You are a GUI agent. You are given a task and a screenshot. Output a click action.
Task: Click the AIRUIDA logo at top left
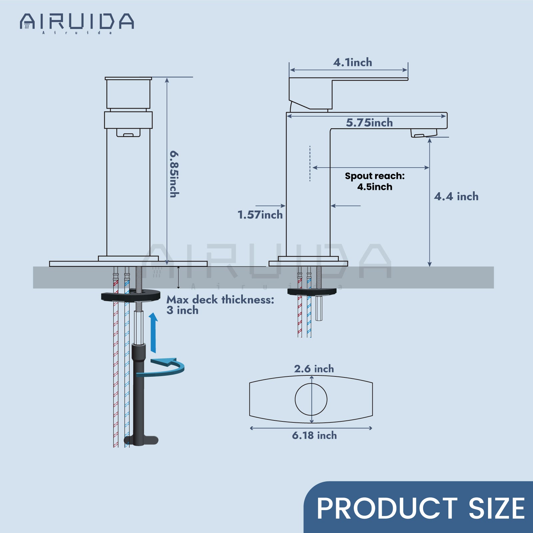point(77,23)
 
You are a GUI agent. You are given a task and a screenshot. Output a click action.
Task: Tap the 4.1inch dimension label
point(352,62)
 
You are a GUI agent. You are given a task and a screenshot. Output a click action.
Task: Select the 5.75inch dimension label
point(369,123)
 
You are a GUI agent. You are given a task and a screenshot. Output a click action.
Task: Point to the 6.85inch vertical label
point(174,174)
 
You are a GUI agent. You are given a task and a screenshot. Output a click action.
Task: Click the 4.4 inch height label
point(456,197)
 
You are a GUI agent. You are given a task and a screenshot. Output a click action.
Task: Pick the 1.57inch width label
point(260,215)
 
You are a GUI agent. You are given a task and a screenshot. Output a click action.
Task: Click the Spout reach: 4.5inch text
point(375,181)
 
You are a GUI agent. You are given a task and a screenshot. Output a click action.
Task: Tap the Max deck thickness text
point(220,304)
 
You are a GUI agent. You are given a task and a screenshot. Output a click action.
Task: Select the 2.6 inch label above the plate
point(314,369)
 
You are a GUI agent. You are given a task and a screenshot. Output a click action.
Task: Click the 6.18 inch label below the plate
point(314,435)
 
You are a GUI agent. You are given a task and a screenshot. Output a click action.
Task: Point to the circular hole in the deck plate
point(311,399)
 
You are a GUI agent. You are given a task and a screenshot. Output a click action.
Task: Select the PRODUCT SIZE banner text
point(420,508)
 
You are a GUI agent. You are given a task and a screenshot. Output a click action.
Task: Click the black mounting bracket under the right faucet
point(312,292)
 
